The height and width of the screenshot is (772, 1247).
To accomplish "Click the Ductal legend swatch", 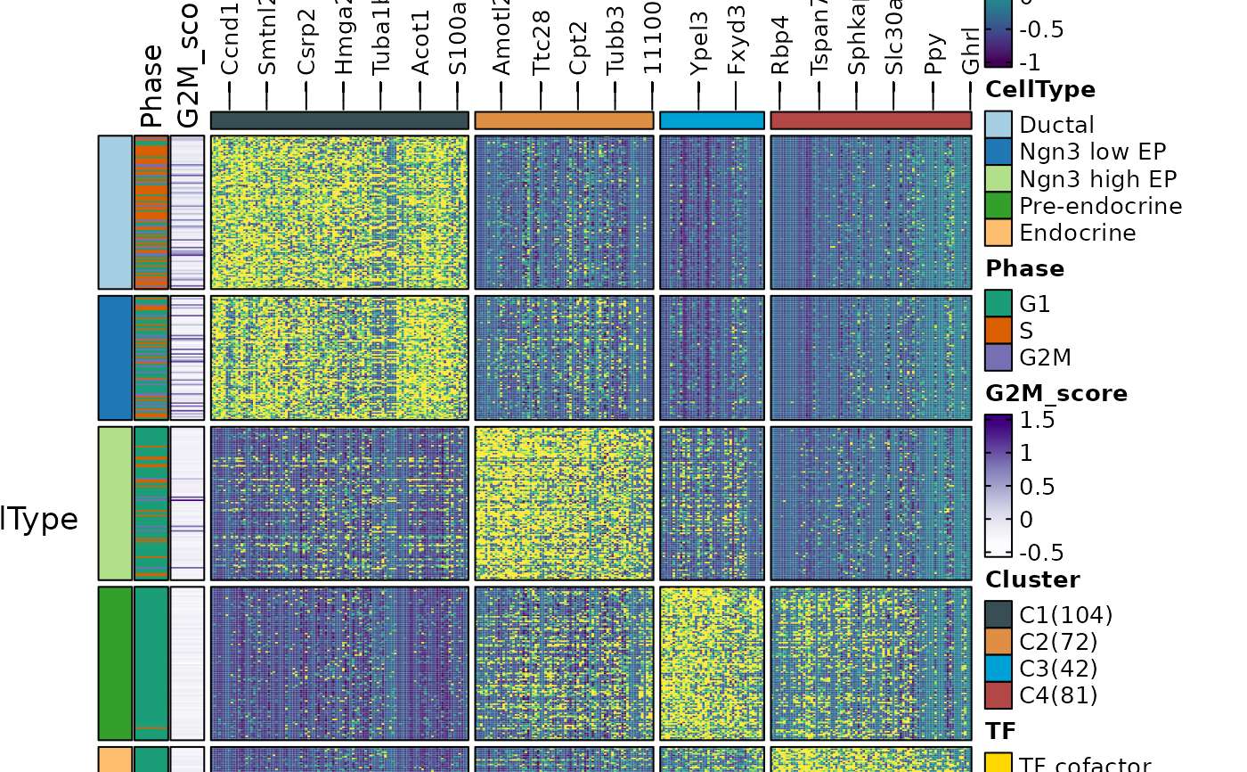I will click(998, 126).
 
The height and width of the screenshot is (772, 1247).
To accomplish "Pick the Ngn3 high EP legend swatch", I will click(998, 179).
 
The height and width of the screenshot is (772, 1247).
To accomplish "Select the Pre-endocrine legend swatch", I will click(998, 206).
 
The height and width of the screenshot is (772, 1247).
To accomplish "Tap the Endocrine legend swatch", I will click(998, 233).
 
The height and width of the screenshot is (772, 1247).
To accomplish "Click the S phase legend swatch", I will click(998, 331).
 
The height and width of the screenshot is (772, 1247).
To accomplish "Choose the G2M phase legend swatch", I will click(998, 357).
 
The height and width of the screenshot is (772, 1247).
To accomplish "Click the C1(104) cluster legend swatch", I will click(998, 615).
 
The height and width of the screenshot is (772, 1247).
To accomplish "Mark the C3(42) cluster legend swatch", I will click(998, 669).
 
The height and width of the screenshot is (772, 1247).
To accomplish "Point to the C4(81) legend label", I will click(1058, 695).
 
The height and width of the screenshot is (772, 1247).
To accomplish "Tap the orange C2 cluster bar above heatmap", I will click(565, 120).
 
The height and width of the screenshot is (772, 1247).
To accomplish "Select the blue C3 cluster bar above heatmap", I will click(712, 120).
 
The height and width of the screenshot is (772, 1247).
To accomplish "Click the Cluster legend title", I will click(1032, 579).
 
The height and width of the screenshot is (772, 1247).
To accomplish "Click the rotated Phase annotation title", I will click(151, 86).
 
